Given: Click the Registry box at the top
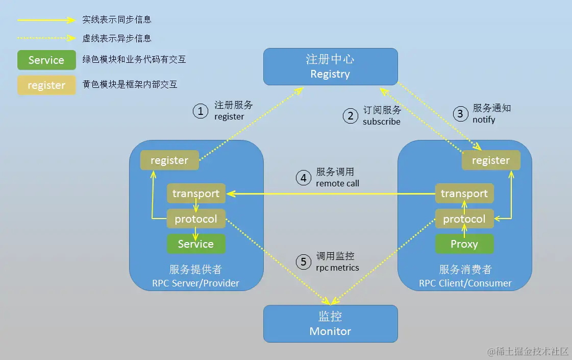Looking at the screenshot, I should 330,66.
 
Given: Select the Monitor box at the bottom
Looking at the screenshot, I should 330,323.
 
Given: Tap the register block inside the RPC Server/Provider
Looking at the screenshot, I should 169,160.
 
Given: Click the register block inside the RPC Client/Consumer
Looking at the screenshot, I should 491,160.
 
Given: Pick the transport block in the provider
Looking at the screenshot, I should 196,194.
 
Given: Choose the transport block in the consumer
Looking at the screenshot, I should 464,194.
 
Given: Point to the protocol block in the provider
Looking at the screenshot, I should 196,219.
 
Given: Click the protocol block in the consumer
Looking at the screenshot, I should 464,219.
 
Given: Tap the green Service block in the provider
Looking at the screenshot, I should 196,244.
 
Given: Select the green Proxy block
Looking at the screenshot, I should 464,244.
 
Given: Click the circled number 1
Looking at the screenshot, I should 201,111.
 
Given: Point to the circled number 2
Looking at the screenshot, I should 350,116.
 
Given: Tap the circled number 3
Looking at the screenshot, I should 460,113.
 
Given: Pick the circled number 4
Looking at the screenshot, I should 304,178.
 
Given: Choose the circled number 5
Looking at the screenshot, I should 304,262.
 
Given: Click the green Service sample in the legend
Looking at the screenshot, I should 46,60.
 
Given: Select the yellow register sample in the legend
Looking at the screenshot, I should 46,85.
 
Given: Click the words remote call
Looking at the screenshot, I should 337,183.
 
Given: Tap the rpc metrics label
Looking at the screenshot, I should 337,268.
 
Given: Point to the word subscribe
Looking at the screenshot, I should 381,122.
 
